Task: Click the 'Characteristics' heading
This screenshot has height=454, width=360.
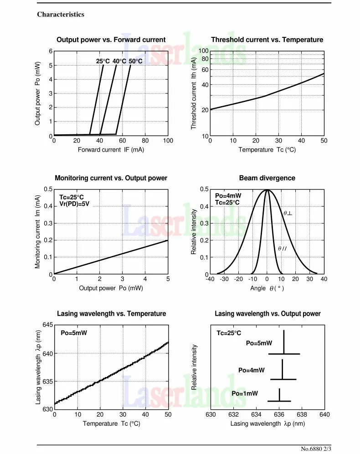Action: (61, 15)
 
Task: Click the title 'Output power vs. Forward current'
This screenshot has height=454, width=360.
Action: (111, 40)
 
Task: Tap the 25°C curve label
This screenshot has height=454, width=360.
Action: (103, 61)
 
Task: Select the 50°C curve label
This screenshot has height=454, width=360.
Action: (135, 61)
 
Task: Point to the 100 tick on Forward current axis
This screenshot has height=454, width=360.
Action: (168, 141)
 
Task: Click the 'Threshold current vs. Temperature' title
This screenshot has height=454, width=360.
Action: (267, 40)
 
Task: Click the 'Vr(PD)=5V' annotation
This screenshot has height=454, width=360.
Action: (75, 204)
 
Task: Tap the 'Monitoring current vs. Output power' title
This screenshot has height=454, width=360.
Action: (111, 178)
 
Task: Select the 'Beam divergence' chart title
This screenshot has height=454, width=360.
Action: (267, 178)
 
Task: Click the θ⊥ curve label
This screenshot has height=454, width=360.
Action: (288, 213)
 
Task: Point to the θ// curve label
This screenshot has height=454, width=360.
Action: (283, 249)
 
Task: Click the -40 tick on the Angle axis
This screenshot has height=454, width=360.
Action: (210, 279)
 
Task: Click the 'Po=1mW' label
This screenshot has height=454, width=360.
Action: (245, 393)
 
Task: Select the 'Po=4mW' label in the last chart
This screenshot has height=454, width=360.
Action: (252, 370)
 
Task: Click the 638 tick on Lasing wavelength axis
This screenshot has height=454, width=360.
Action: (302, 414)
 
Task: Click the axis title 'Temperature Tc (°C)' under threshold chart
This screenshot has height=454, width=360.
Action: (267, 150)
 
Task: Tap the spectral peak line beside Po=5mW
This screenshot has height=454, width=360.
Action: (284, 342)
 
